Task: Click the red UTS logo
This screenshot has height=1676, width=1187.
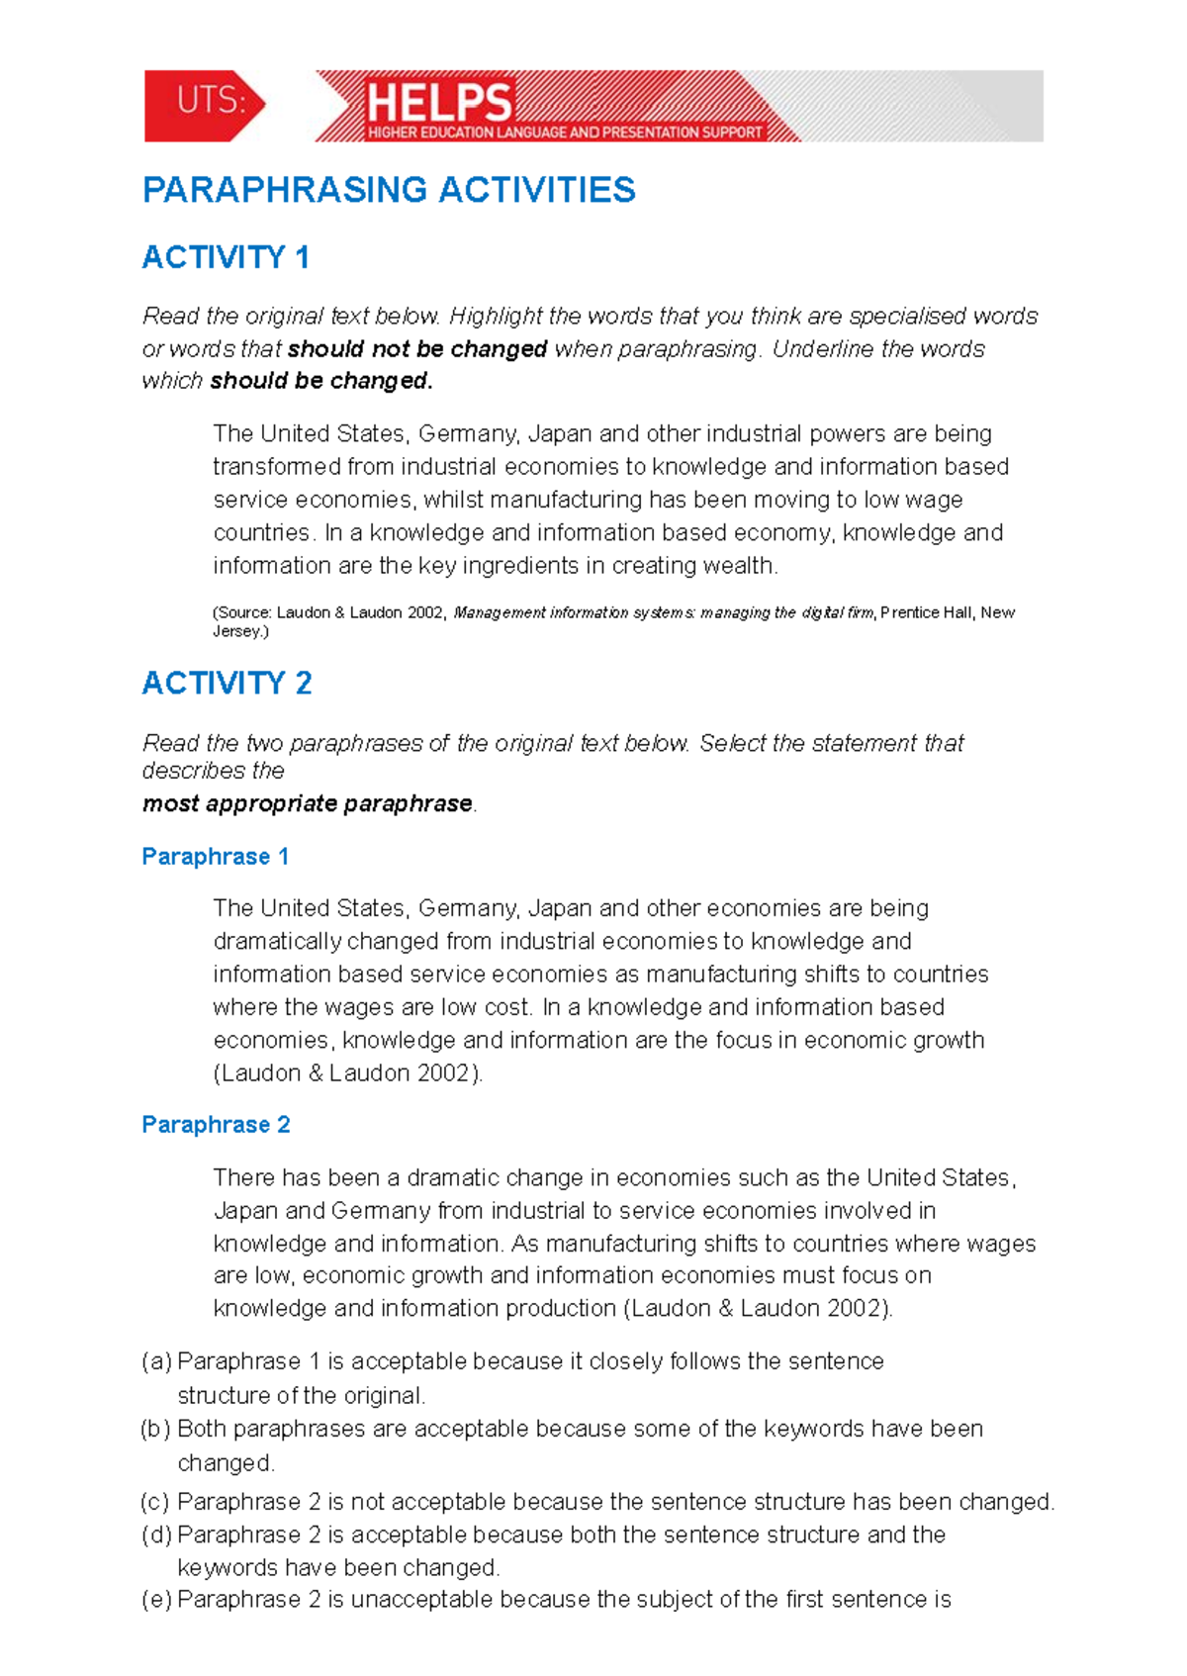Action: [x=205, y=105]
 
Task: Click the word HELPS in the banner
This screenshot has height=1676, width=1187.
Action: [x=439, y=102]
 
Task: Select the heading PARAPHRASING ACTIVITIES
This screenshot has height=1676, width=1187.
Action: [x=389, y=190]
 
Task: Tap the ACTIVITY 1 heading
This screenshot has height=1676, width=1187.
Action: [x=226, y=257]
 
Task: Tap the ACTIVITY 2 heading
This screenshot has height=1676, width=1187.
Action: [x=227, y=683]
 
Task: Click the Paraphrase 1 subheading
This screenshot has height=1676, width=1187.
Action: [x=215, y=857]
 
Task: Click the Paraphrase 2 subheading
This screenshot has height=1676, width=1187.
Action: [x=216, y=1125]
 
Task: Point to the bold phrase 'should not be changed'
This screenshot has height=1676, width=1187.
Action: [x=417, y=349]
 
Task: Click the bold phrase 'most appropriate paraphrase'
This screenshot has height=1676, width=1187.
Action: [x=307, y=803]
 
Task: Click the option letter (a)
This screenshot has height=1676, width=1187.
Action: [x=156, y=1362]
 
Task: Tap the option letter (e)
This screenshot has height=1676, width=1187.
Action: [x=156, y=1600]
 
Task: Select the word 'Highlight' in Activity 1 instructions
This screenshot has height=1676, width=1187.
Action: [x=496, y=317]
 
